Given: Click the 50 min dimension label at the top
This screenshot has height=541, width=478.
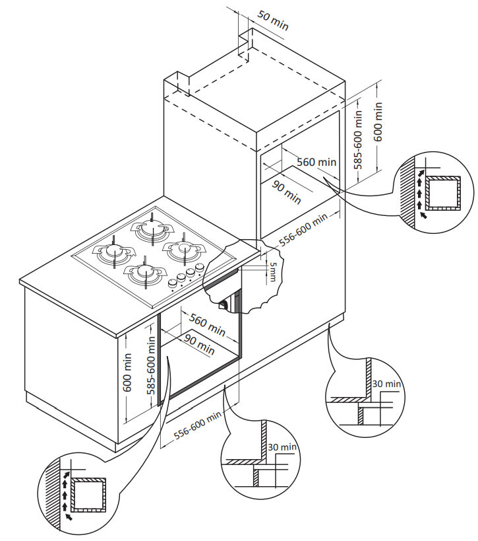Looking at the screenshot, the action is (273, 20).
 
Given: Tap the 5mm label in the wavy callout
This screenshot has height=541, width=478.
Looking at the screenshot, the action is (272, 271).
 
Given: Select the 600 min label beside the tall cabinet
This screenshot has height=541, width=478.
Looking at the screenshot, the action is (378, 122).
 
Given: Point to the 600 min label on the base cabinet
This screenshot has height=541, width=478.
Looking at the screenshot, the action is (127, 372).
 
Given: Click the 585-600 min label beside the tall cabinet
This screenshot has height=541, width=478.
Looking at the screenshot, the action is (359, 139).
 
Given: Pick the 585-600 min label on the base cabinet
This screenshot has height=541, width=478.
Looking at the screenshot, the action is (151, 365).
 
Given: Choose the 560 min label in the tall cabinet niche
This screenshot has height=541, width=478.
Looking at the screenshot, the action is (316, 162).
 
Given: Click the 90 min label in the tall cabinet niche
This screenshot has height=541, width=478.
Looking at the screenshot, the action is (287, 192).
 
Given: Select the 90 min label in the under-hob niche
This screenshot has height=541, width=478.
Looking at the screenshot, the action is (199, 344).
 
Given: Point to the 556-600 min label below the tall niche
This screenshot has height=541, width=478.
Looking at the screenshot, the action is (303, 229).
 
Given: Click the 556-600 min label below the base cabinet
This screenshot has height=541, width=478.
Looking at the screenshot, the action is (197, 425).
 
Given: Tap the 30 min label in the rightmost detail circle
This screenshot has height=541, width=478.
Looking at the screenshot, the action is (386, 383).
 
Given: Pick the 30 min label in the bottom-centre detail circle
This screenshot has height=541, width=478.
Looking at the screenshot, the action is (282, 447).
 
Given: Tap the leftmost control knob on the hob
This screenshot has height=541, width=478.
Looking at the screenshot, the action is (172, 283).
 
